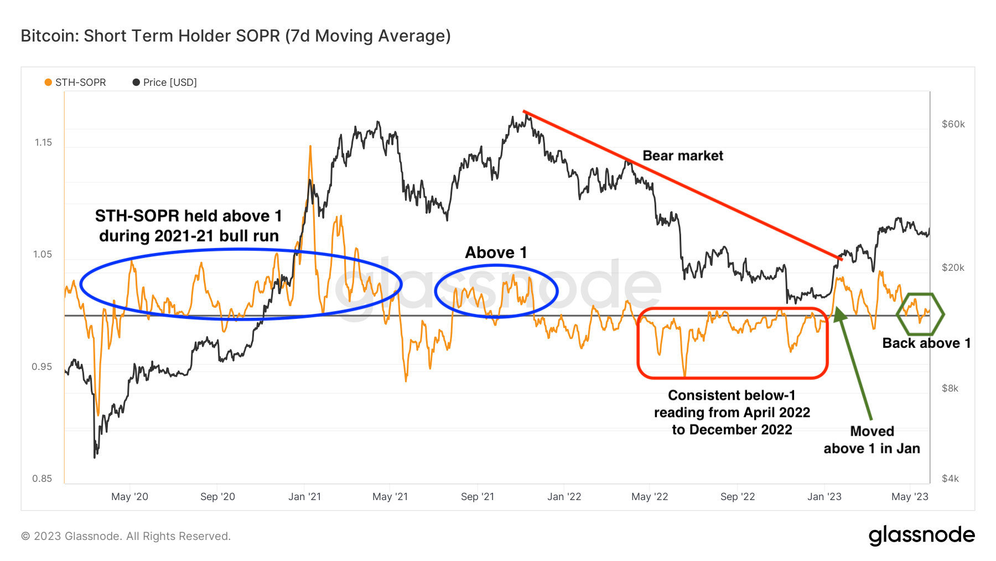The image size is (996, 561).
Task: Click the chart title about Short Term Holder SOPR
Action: (236, 36)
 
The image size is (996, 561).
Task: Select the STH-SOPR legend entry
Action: (75, 83)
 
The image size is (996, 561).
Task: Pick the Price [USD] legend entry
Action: (165, 83)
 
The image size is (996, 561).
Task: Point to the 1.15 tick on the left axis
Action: (43, 142)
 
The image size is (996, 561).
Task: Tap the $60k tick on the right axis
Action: (953, 124)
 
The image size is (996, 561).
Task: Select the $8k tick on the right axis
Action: (950, 388)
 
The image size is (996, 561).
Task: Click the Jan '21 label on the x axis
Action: (304, 497)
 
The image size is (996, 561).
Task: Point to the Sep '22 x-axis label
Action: (737, 497)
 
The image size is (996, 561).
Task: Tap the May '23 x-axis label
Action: (910, 497)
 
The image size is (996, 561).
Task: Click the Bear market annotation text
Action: (683, 156)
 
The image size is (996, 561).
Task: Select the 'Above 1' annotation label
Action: (496, 253)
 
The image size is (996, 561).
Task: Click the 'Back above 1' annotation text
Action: (926, 343)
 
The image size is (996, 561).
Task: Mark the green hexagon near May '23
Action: (920, 314)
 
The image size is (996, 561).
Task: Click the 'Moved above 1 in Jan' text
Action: (871, 440)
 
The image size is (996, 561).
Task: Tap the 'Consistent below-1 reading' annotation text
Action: (732, 413)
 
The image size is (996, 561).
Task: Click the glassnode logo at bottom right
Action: (921, 536)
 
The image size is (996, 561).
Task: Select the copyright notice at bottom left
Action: (126, 536)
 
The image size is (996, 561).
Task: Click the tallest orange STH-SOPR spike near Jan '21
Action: (310, 147)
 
